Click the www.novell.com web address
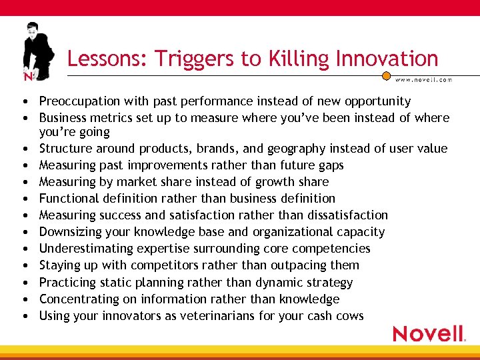pos(424,79)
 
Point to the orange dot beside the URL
pos(386,76)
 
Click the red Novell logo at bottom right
pos(429,333)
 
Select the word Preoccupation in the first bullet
pos(77,101)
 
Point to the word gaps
pos(331,165)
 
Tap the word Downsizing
pos(69,232)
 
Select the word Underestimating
pos(83,248)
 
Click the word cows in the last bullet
pos(350,315)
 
